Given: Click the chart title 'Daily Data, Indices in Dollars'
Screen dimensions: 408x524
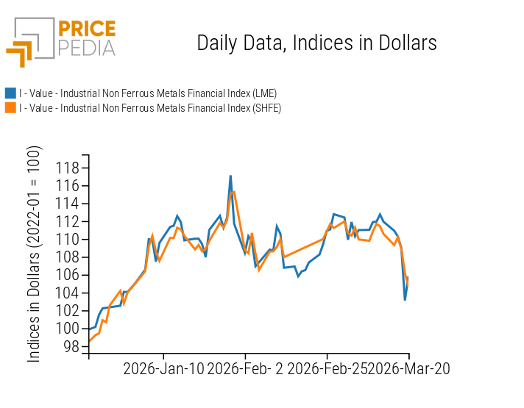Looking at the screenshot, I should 316,43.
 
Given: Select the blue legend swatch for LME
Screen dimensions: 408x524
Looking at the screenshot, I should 10,93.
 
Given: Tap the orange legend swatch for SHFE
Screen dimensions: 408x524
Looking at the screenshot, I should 10,108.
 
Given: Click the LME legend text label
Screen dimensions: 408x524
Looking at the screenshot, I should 147,93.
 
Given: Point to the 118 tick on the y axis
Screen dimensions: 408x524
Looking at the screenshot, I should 68,168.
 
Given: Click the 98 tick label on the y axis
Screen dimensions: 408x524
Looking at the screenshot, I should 71,346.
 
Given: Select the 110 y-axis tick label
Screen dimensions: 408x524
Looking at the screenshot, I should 68,239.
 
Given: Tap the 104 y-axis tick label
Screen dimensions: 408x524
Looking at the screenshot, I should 68,293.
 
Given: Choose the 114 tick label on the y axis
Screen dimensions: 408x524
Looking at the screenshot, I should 68,204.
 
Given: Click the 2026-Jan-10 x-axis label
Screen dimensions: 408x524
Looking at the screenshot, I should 163,368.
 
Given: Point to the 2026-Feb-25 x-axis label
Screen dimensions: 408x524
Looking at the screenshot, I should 327,368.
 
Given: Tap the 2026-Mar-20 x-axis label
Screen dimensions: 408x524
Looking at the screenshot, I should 408,368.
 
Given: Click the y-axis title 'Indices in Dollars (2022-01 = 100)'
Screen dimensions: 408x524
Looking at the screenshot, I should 35,254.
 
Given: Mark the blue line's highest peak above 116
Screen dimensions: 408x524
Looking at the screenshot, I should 230,176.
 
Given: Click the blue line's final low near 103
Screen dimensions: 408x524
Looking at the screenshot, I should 405,299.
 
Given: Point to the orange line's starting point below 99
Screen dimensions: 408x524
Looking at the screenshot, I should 89,340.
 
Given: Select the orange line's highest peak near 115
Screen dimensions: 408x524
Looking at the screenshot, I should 234,192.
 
